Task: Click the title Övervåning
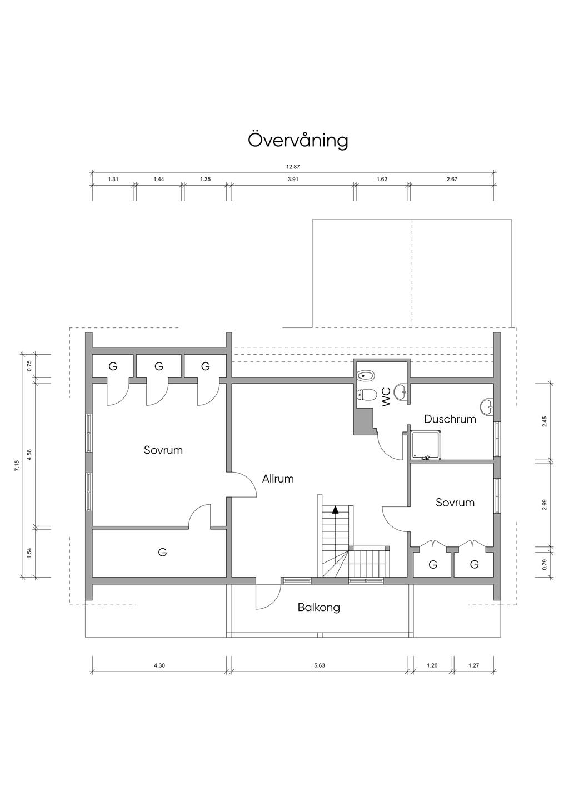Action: click(298, 140)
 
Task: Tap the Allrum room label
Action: click(278, 479)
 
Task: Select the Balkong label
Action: click(318, 607)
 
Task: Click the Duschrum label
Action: click(450, 419)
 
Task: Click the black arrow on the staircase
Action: click(335, 509)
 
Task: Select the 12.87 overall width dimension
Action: click(293, 166)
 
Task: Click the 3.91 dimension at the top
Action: click(293, 180)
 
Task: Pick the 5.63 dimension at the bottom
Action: click(319, 665)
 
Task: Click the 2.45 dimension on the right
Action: click(545, 421)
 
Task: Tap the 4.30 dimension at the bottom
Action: click(159, 665)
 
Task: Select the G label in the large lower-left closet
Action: click(162, 553)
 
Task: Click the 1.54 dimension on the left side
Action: click(29, 553)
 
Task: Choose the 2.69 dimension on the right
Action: click(545, 505)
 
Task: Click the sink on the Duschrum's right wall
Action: click(487, 406)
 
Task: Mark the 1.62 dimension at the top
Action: click(382, 180)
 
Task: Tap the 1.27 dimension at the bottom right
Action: click(473, 665)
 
